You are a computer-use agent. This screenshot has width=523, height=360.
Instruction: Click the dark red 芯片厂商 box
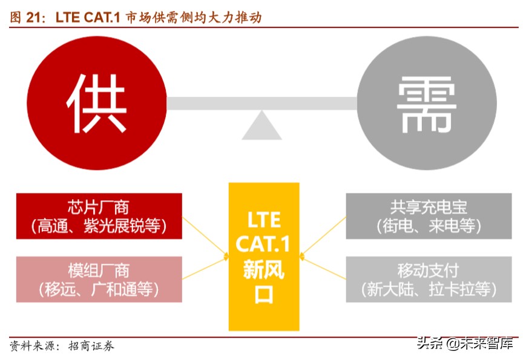[99, 216]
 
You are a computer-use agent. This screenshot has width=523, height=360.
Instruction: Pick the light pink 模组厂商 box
[99, 279]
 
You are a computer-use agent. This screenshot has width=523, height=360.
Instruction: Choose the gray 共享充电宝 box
[429, 216]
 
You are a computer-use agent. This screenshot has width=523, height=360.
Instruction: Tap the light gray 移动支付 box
[429, 279]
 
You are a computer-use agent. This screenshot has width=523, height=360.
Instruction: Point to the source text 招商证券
[91, 345]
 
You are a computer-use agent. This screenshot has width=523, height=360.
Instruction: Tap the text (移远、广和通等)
[99, 289]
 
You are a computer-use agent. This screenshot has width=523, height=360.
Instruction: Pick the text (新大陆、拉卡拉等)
[429, 289]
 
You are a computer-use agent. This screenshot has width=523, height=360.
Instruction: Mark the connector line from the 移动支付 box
[324, 269]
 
